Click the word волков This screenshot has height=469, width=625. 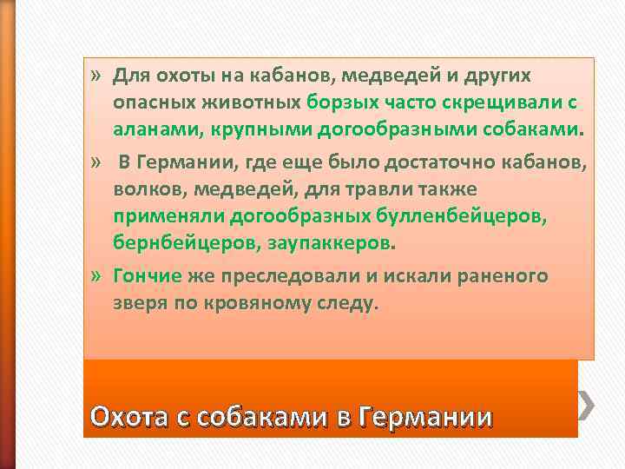[143, 188]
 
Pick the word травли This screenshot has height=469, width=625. [405, 188]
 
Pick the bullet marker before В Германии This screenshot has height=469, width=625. [95, 162]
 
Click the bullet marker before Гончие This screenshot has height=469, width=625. [95, 276]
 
